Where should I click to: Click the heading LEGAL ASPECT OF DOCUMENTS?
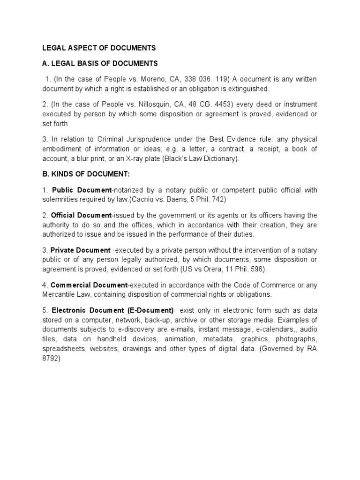[99, 48]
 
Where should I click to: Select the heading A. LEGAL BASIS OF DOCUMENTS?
[100, 63]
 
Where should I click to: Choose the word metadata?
[218, 339]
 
